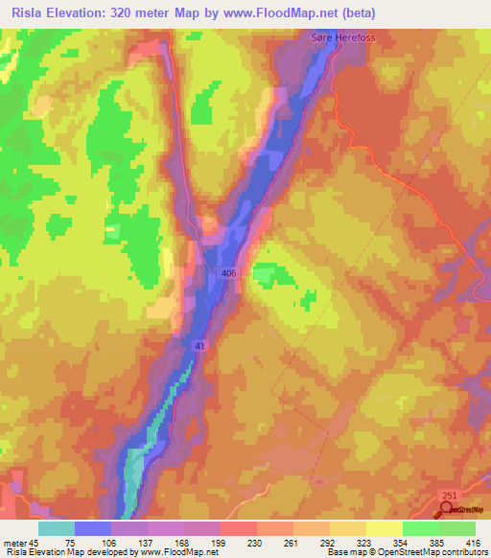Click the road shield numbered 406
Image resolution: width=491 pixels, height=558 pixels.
[228, 273]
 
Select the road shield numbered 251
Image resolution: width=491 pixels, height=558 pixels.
[449, 495]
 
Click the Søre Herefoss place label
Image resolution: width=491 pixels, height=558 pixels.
[335, 35]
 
